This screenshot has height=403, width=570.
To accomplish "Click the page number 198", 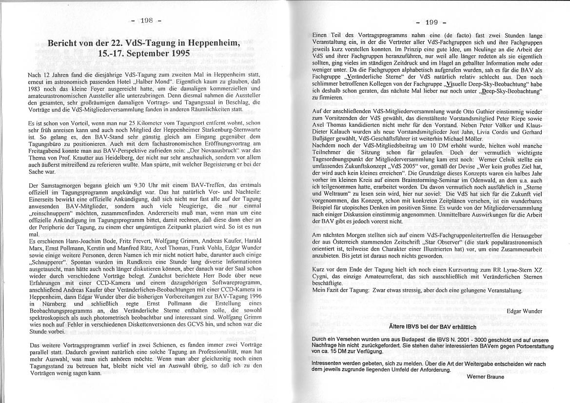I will click(x=147, y=20).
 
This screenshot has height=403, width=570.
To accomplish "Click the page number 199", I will click(x=431, y=22).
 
